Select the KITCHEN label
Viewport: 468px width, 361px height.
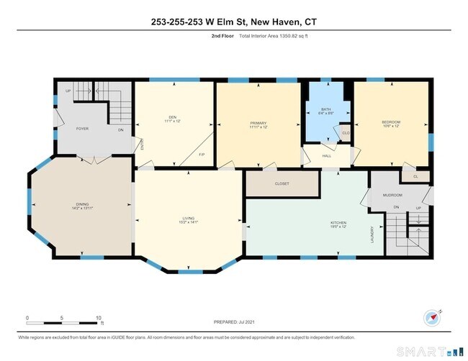point(338,223)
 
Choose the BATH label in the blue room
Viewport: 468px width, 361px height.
point(326,110)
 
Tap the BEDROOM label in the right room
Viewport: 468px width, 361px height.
point(390,122)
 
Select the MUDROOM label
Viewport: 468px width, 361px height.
point(392,195)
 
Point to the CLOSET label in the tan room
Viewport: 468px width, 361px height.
point(282,183)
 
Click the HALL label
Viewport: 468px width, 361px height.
point(326,155)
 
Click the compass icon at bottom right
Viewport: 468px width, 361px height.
point(431,316)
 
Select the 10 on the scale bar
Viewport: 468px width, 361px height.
point(99,316)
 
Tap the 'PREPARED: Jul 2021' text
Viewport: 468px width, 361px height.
point(234,323)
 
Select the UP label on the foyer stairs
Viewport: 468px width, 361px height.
point(68,91)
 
